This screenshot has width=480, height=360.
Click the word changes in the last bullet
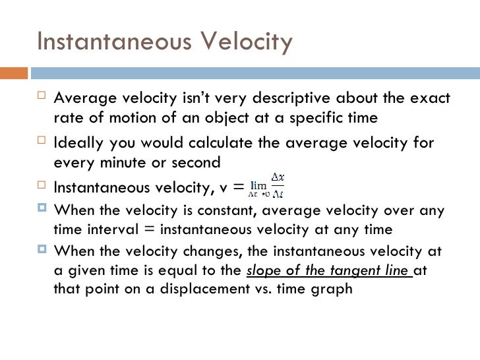click(x=195, y=252)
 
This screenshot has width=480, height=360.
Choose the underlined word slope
click(x=263, y=270)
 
